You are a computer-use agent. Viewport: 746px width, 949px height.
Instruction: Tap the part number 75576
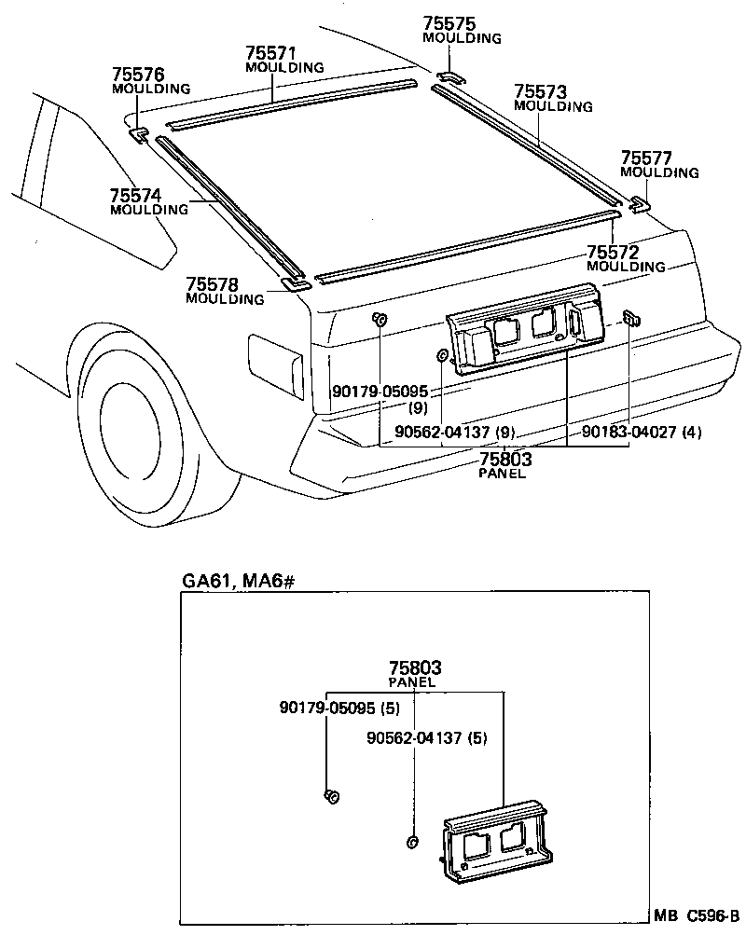pyautogui.click(x=138, y=75)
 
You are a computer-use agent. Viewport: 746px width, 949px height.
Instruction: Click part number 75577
pyautogui.click(x=647, y=158)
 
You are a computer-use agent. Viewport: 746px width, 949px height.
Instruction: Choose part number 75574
pyautogui.click(x=135, y=196)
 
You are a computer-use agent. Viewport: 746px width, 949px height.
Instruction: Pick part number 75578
pyautogui.click(x=212, y=284)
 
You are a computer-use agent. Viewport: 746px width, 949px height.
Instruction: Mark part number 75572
pyautogui.click(x=613, y=253)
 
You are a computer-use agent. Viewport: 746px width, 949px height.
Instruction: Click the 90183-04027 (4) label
pyautogui.click(x=642, y=432)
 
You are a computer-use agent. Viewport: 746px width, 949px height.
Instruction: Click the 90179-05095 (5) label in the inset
pyautogui.click(x=338, y=708)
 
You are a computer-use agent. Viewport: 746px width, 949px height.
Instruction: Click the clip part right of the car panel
pyautogui.click(x=631, y=318)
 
